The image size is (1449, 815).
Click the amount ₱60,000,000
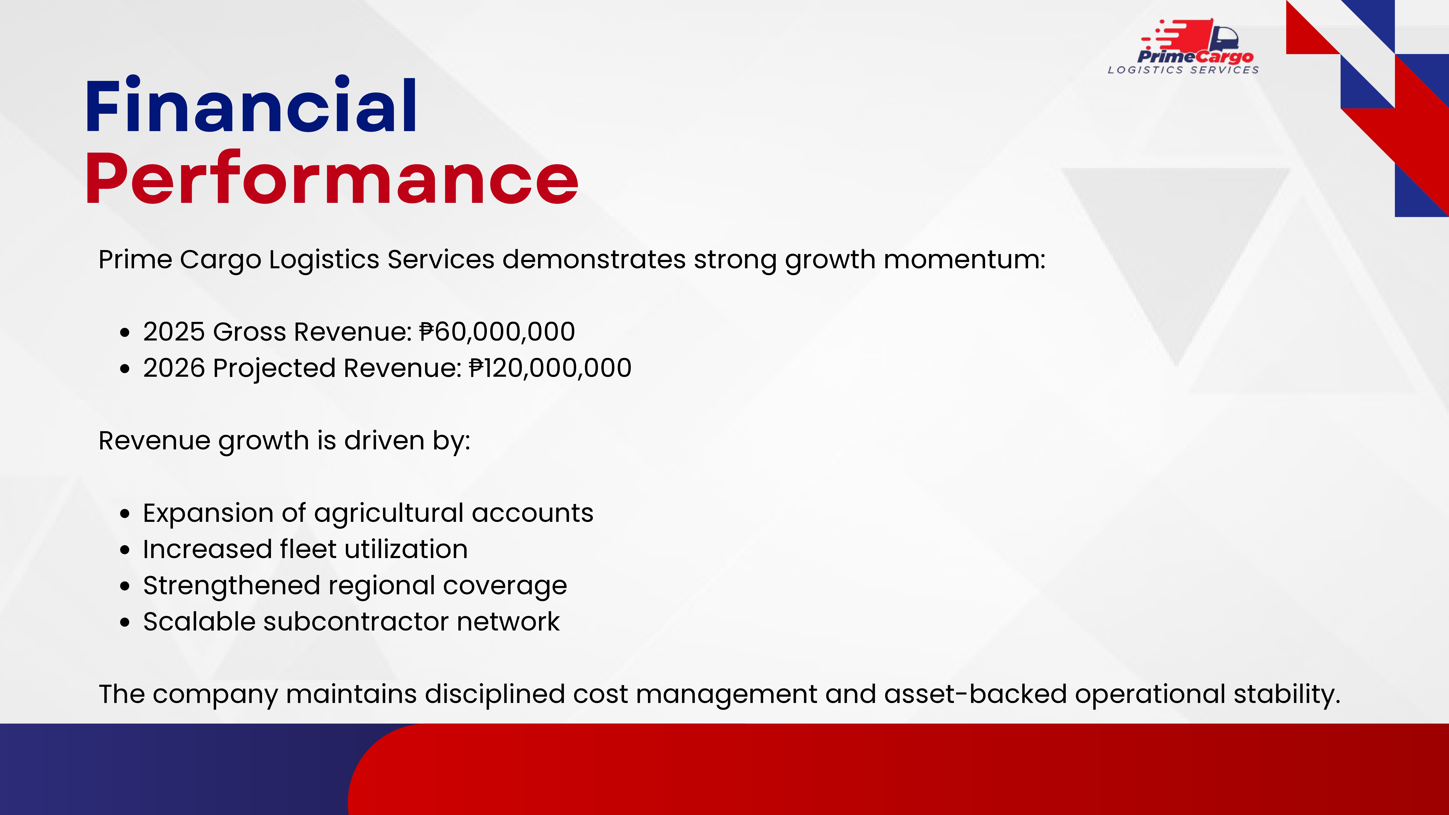point(497,331)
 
